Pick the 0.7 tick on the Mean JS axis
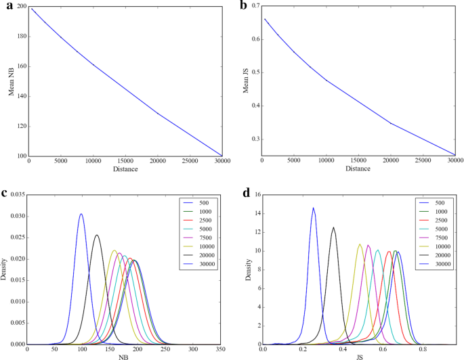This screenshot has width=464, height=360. click(255, 6)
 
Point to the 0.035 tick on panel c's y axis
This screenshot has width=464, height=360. click(15, 195)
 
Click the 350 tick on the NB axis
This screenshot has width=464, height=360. click(221, 350)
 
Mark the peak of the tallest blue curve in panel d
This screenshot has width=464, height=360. click(313, 208)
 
